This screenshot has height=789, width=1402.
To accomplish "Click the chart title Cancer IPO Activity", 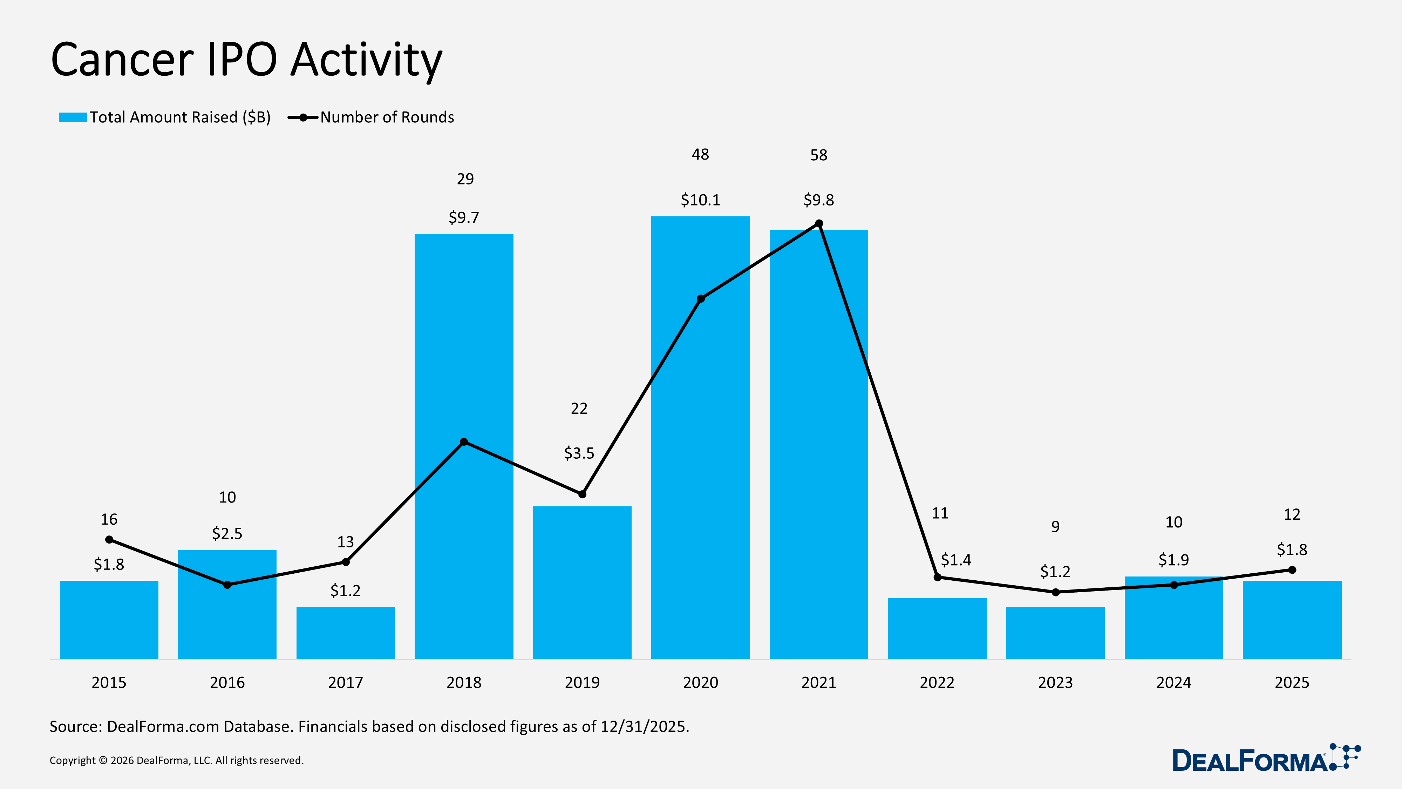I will pos(246,60).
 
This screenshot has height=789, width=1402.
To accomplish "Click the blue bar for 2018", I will pos(464,545).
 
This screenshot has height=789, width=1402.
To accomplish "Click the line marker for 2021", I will pos(818,224).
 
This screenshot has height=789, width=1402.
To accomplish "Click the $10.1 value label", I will pos(700,200).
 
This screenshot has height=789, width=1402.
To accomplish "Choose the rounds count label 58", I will pos(818,155).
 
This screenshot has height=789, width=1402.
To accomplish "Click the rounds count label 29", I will pos(465,179).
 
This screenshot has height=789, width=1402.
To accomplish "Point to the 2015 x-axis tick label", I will pos(109,682).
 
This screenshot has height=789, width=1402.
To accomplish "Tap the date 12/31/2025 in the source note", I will pos(645,726).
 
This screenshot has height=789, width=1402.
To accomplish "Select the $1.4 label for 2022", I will pos(956,560).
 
